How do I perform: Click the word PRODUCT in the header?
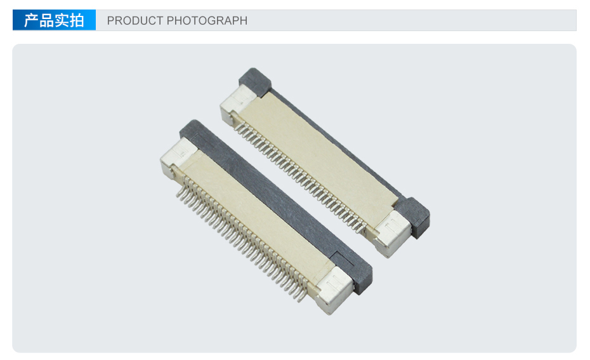pos(134,20)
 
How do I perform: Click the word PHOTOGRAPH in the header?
pos(207,20)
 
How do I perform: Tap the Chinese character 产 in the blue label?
pos(31,20)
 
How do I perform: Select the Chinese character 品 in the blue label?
pos(47,20)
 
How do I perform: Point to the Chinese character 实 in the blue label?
pos(62,20)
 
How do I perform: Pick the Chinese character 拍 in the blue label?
pos(77,20)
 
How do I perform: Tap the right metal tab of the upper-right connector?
pos(393,233)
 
